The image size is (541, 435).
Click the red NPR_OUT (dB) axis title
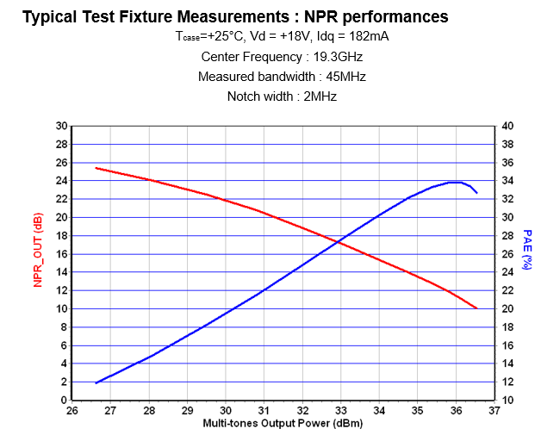coord(38,251)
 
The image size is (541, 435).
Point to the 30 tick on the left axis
coord(61,126)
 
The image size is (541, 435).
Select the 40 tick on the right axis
coord(507,126)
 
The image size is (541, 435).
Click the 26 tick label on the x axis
coord(72,411)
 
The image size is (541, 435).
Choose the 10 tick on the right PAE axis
coord(507,401)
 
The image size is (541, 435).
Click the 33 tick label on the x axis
coord(341,411)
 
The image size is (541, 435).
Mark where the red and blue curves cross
coord(339,242)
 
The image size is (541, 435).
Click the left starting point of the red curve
coord(96,168)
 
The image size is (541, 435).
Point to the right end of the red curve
coord(476,308)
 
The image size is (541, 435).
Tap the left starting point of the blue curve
coord(96,382)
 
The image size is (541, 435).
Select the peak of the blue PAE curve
coord(457,182)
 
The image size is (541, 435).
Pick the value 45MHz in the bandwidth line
coord(343,77)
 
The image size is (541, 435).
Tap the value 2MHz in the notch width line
coord(319,96)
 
